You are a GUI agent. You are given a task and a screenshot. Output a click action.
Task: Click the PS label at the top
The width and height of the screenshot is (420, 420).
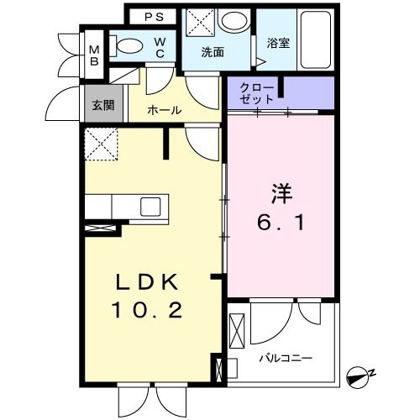(153, 16)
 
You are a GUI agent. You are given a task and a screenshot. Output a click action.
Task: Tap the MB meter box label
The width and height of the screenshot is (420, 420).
(95, 55)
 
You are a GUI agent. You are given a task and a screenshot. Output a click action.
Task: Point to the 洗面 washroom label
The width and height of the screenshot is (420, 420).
(213, 51)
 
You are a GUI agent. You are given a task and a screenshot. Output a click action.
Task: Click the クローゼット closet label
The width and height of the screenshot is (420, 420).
(255, 93)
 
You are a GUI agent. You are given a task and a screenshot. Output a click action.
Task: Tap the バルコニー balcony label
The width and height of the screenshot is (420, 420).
(285, 358)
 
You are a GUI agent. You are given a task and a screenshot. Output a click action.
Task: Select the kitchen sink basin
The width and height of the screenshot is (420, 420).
(152, 207)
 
